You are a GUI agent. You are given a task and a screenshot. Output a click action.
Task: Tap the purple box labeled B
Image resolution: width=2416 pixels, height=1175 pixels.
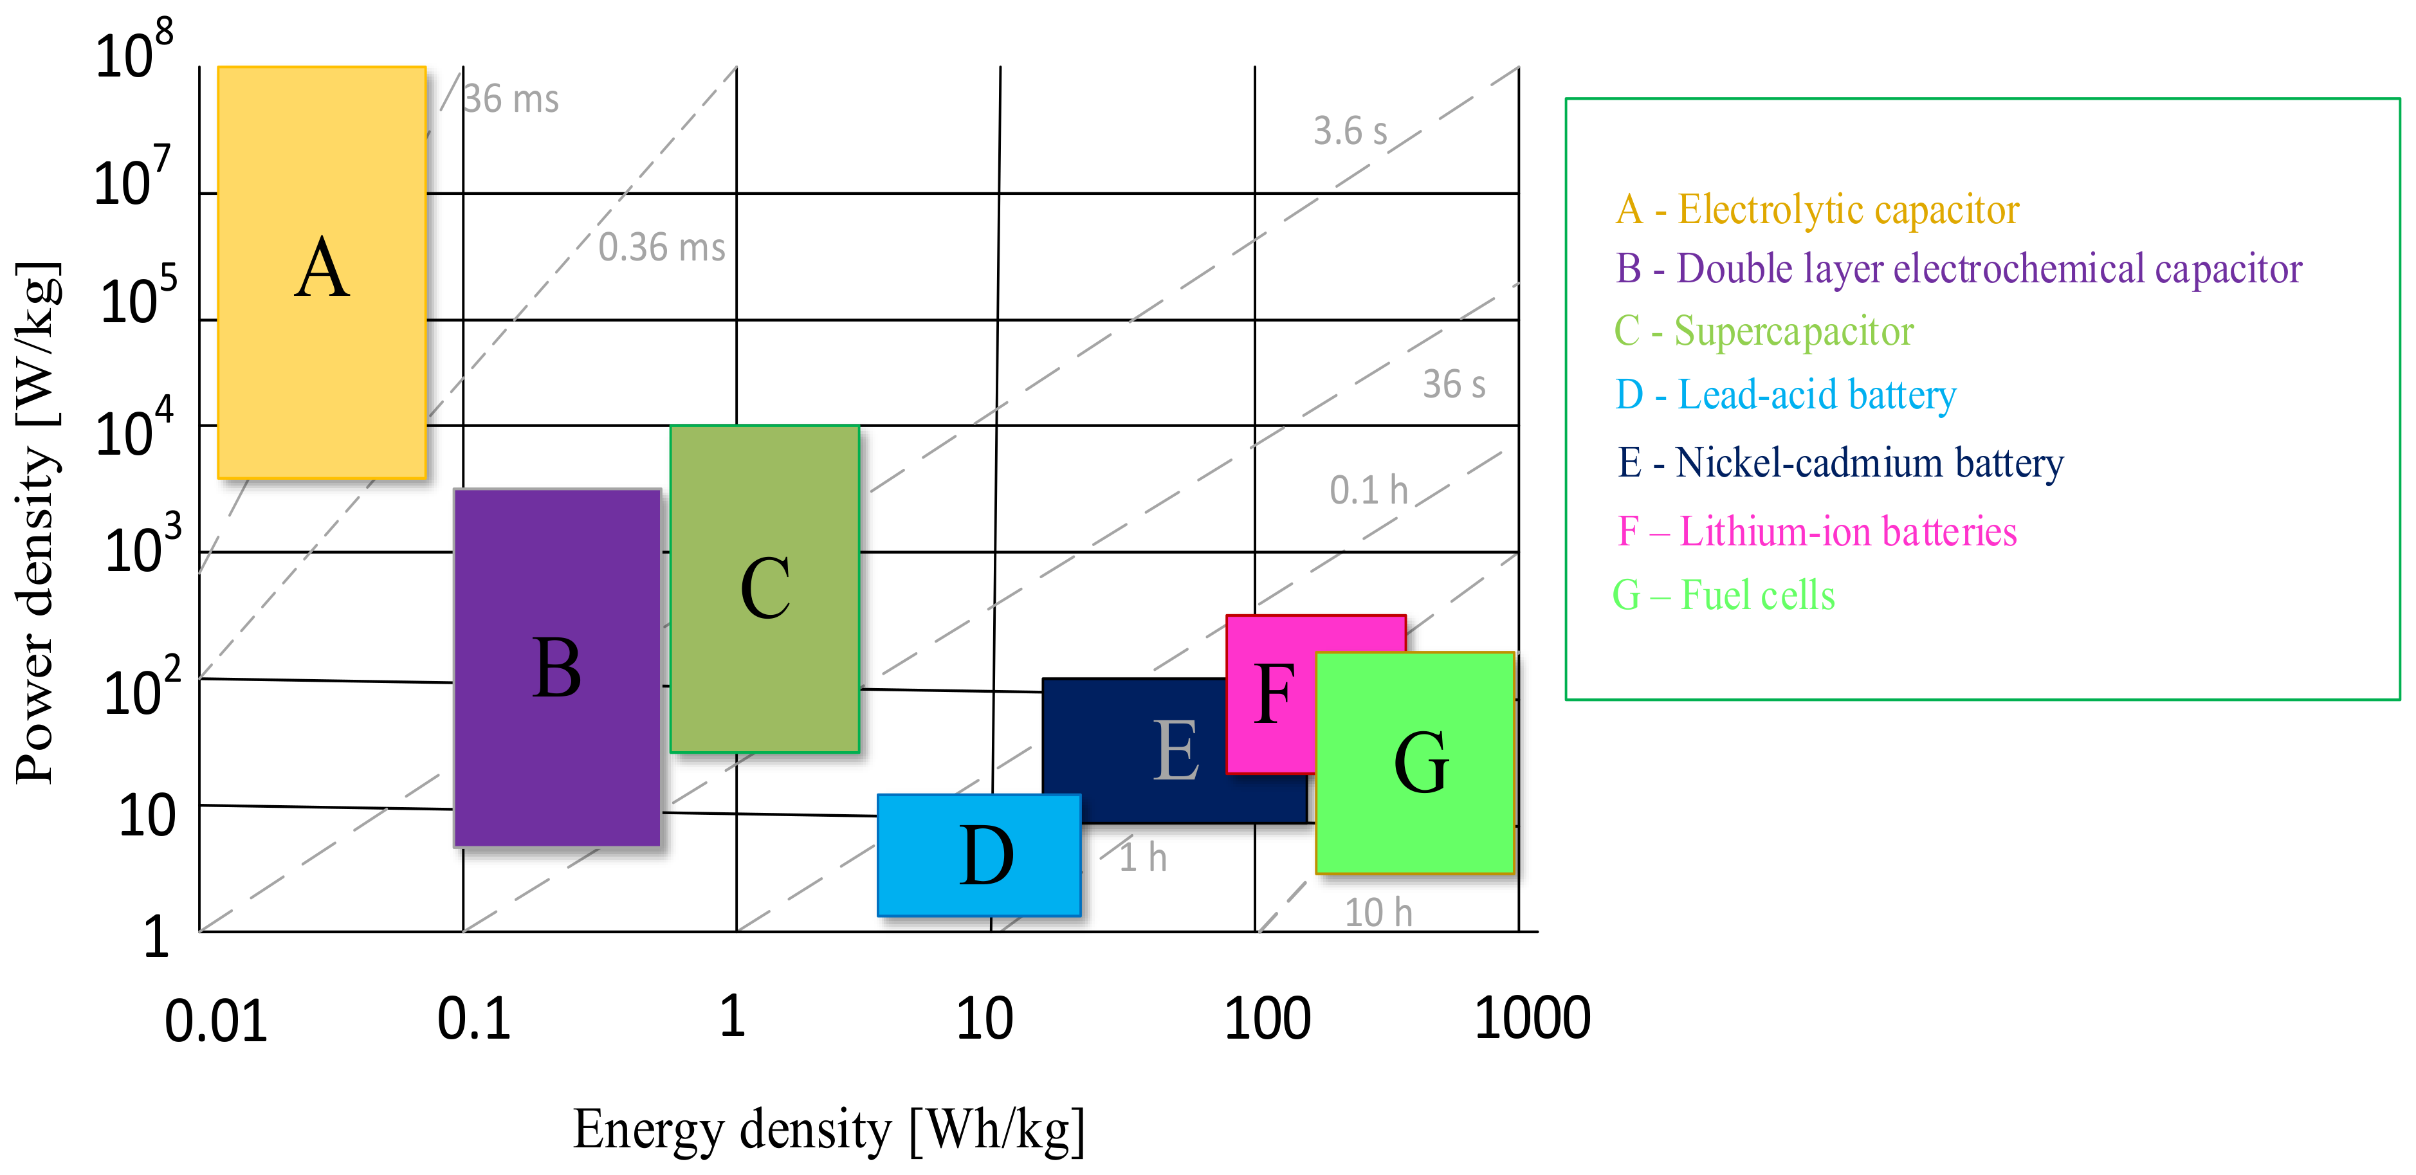(557, 668)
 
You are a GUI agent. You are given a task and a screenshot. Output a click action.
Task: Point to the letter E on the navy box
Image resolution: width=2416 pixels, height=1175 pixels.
(1176, 749)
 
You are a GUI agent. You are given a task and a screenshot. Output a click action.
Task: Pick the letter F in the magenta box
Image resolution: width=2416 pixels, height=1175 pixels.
(1274, 694)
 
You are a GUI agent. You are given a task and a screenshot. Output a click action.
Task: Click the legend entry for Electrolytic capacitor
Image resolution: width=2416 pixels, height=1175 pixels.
(1817, 209)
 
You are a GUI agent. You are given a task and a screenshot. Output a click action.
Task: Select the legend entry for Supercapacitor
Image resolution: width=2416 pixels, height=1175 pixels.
(1763, 331)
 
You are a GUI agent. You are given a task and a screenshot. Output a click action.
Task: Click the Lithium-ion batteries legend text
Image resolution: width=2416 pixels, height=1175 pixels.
(1817, 532)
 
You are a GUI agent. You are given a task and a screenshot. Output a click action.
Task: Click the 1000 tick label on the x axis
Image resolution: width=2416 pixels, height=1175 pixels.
(1532, 1017)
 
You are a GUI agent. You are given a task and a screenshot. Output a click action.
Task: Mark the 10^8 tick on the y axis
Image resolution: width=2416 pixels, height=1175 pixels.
(134, 51)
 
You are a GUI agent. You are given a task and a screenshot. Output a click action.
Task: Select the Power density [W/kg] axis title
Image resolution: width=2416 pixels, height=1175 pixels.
(37, 522)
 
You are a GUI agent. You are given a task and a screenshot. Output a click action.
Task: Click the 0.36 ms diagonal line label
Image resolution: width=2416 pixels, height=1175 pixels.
(662, 248)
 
